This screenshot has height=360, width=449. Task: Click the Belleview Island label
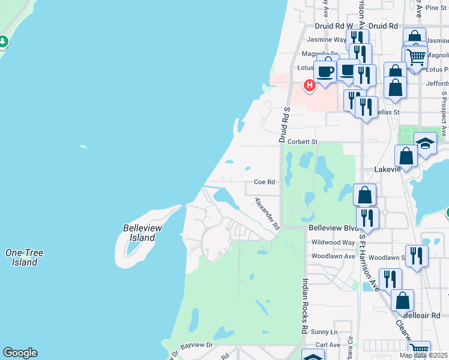139,233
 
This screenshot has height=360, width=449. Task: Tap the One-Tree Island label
23,257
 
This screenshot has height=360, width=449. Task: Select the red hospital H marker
309,86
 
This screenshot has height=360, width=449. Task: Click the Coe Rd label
264,182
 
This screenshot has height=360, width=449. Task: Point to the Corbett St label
302,142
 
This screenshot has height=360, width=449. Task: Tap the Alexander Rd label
268,214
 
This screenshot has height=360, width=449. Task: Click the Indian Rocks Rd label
305,306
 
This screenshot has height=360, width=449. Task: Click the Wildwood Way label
333,242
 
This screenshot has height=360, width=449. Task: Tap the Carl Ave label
328,345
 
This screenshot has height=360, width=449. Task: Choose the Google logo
20,353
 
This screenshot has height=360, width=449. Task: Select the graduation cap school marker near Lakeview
425,144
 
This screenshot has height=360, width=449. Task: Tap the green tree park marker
3,41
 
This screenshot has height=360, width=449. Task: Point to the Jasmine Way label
327,40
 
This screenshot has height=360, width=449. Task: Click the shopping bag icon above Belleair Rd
402,300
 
